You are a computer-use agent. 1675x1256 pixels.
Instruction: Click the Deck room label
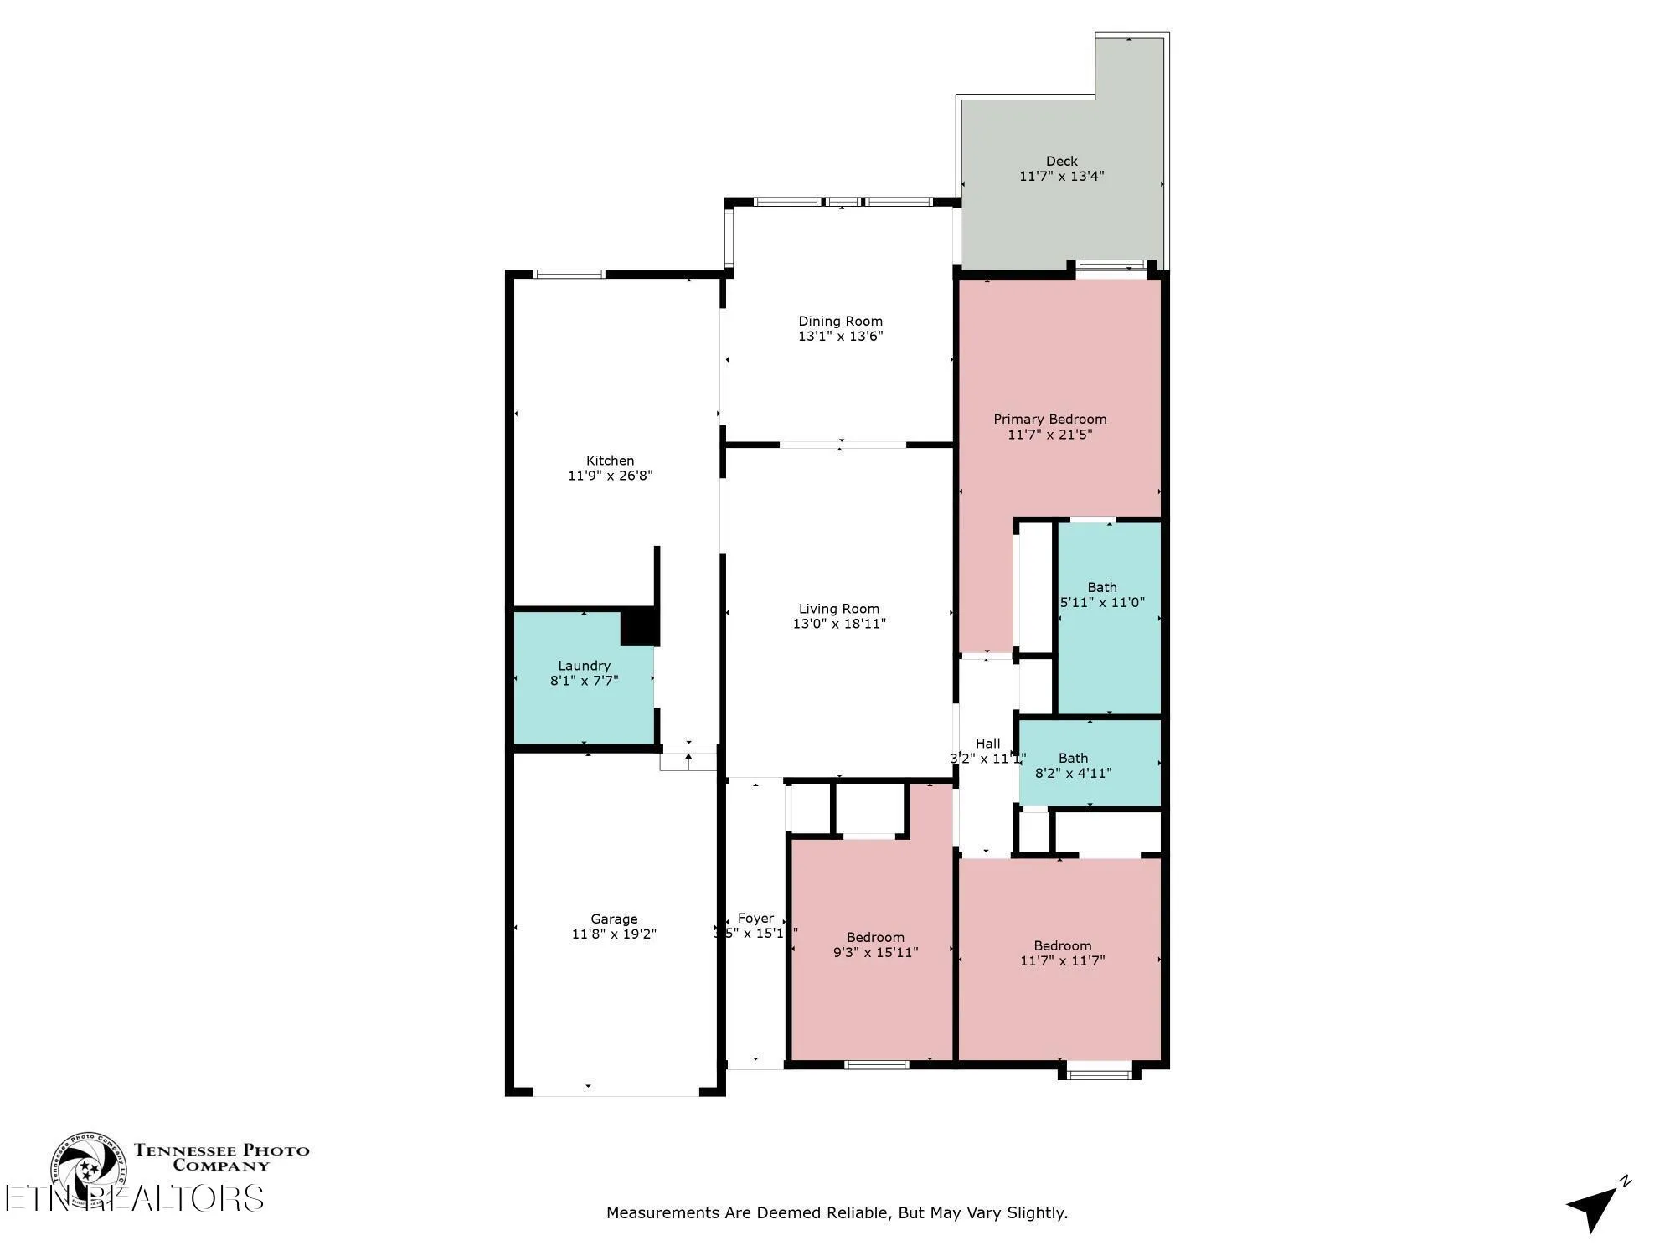coord(1061,161)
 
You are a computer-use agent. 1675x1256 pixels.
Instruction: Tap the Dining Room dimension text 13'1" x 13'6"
coord(840,337)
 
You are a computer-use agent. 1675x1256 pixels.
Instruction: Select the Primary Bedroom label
coord(1049,419)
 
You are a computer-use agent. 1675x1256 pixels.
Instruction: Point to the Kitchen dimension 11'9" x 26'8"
coord(610,476)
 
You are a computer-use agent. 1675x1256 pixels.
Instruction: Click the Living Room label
coord(838,609)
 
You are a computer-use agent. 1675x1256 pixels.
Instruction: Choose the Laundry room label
coord(584,666)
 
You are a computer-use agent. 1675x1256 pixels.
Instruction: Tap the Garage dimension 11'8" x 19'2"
coord(614,934)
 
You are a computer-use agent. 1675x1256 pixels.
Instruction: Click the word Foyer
coord(755,918)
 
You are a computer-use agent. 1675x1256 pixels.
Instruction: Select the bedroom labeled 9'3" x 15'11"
coord(875,945)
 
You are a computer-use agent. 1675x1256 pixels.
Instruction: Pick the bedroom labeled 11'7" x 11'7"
coord(1062,953)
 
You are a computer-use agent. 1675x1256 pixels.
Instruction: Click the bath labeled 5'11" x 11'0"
coord(1102,595)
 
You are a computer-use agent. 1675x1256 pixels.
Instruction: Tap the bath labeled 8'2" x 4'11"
coord(1073,765)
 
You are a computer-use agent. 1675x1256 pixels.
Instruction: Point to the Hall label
coord(987,743)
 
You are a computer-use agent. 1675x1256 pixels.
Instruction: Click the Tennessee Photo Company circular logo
coord(88,1169)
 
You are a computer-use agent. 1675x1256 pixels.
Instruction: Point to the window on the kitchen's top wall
coord(569,274)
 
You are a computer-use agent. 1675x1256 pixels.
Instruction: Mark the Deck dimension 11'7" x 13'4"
coord(1061,176)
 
